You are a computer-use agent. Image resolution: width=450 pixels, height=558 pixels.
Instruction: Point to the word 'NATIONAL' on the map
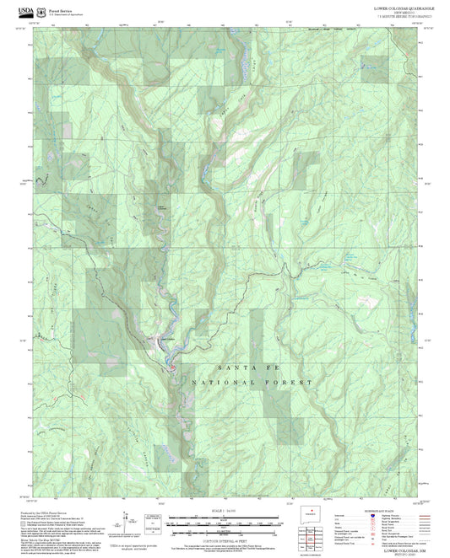coord(213,383)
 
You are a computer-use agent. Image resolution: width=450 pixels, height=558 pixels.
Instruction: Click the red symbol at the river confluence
coord(172,365)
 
